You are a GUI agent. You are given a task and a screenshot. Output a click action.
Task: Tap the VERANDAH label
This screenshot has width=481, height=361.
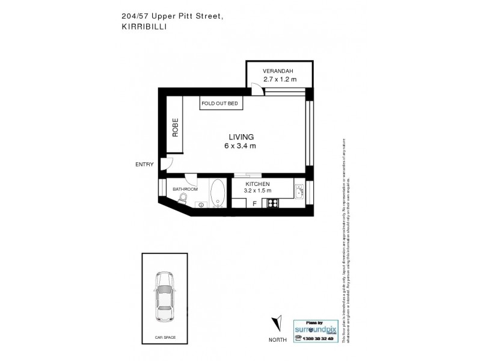click(x=277, y=72)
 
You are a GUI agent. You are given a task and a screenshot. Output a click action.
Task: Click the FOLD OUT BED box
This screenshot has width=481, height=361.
click(x=220, y=104)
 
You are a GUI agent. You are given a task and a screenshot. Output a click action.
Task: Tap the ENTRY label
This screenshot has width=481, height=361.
click(x=144, y=164)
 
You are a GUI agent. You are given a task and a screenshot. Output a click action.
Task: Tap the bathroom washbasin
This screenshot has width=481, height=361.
click(x=200, y=205)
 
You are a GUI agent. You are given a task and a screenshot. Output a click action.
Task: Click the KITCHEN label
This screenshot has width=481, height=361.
click(x=257, y=184)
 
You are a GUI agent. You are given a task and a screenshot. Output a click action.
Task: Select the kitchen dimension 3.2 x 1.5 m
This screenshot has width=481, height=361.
click(x=257, y=191)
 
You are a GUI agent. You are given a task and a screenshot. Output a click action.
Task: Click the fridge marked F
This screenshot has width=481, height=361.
click(x=255, y=204)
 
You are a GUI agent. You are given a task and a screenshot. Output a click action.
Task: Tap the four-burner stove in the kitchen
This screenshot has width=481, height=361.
click(x=272, y=203)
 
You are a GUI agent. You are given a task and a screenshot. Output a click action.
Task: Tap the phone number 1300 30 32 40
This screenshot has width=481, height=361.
click(x=315, y=339)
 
